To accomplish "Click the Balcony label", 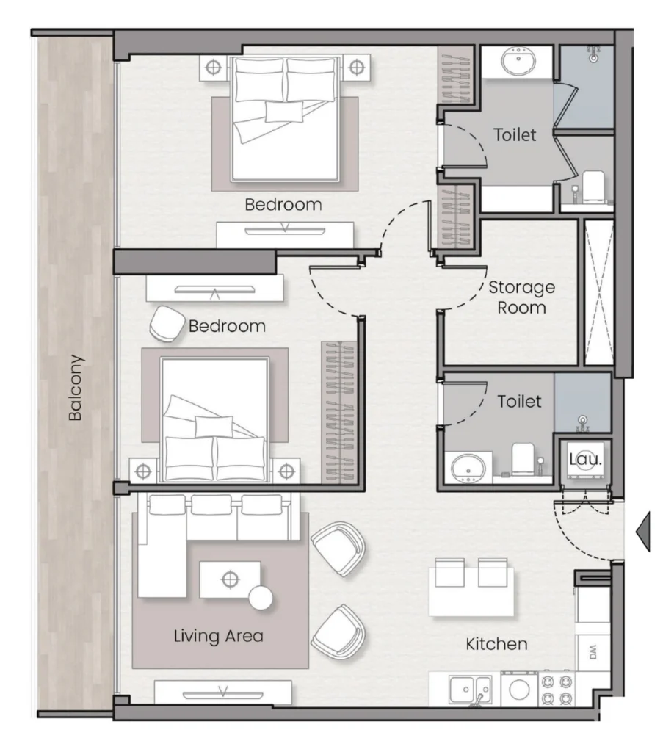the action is coord(76,388).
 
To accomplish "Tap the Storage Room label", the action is coord(521,297).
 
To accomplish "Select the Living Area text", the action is coord(219,636).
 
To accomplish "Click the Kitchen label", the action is coord(496,643).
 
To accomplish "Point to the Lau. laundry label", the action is coord(585,459).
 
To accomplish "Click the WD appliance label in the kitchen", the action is coord(593,652).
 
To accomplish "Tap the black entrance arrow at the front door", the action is coord(643,532).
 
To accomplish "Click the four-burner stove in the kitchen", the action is coord(557,689).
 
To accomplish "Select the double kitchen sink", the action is coord(471,690).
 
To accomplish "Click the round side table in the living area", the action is coord(261,598).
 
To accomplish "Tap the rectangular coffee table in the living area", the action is coord(230,579).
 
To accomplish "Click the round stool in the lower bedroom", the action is coord(167,324).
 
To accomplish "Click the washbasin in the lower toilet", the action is coord(468,467).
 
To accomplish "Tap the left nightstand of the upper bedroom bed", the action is coord(214,68).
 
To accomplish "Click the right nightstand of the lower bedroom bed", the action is coord(286,471).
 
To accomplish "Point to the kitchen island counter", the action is coord(471,592).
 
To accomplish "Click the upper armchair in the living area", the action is coord(338,549).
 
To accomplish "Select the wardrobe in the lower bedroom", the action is coord(340,412).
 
